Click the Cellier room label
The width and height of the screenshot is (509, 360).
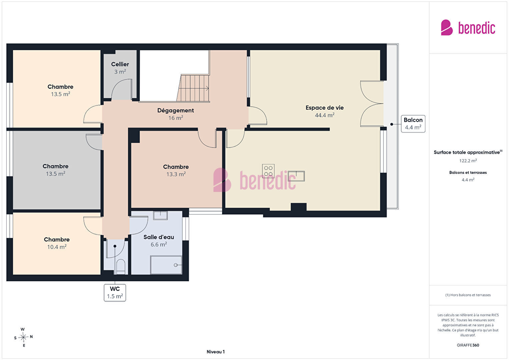coord(120,64)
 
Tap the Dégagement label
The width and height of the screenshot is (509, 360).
coord(176,110)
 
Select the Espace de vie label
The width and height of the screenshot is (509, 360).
coord(325,108)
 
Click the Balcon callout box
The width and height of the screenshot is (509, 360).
coord(413,124)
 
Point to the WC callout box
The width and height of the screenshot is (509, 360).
coord(115,293)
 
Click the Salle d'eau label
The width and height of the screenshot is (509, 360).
coord(159,237)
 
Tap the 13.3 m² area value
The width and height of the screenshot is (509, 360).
coord(176,174)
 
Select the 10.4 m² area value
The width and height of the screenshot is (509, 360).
coord(57,247)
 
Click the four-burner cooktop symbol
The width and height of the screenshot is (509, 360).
coord(268,171)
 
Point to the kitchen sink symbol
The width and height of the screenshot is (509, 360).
coord(296,176)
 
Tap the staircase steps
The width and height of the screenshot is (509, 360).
coord(193,88)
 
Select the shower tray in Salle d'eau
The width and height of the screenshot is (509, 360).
coord(166,265)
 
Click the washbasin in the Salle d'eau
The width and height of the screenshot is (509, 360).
coord(160,215)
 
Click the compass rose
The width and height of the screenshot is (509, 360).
coord(23,337)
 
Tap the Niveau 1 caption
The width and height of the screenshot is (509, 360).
coord(216,352)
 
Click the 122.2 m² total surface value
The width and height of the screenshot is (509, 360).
coord(468,161)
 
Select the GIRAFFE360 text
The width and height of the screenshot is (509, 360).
coord(468,345)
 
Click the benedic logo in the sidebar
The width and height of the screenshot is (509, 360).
coord(468,28)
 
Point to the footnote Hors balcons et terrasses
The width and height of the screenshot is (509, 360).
coord(468,295)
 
